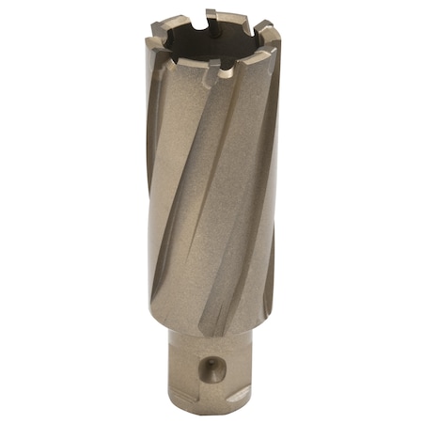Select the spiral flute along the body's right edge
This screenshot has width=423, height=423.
[266, 207]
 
